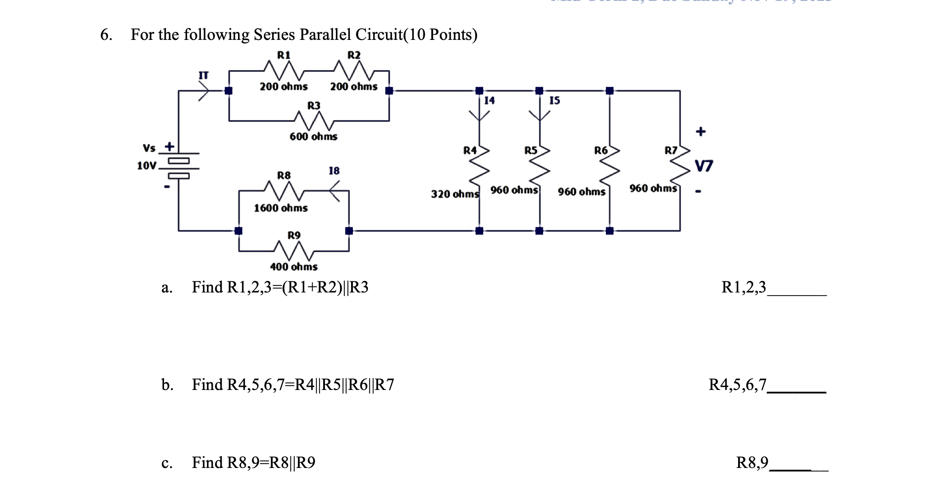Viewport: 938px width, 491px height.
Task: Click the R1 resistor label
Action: coord(284,55)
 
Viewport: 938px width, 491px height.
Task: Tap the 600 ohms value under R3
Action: coord(313,136)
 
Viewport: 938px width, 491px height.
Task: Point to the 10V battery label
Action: coord(146,166)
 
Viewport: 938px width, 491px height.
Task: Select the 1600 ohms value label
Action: coord(281,208)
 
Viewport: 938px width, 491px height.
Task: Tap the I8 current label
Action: coord(334,171)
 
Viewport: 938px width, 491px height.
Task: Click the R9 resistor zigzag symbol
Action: coord(294,251)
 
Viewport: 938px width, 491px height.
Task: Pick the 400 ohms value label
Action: coord(294,267)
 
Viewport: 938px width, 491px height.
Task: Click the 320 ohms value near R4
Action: coord(455,194)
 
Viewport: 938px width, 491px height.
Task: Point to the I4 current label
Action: coord(489,101)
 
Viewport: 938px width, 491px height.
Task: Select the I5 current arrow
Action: coord(539,116)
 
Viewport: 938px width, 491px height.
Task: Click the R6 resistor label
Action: coord(601,151)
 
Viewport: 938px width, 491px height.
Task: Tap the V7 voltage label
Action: coord(704,166)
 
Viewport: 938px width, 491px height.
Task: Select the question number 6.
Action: coord(106,35)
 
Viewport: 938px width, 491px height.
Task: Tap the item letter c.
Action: coord(167,463)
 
